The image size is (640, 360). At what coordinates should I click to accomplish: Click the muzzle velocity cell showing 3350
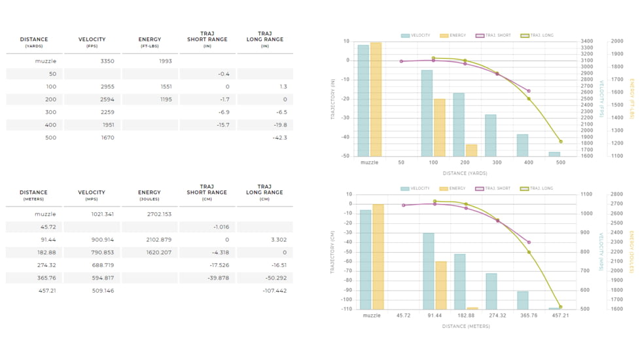click(107, 62)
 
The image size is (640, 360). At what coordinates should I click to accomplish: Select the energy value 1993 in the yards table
click(165, 62)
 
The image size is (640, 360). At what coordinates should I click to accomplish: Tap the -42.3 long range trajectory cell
click(279, 137)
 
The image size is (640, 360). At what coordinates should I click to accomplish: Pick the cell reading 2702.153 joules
click(159, 214)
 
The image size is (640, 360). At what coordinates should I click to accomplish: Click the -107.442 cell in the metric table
click(274, 291)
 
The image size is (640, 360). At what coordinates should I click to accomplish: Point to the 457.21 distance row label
click(47, 291)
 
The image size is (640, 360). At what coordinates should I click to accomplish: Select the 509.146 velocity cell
click(103, 291)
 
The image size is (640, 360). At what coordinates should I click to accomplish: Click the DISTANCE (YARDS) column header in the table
click(34, 42)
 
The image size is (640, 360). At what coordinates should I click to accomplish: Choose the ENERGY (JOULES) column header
click(149, 195)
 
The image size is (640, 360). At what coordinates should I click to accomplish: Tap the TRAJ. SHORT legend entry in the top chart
click(493, 35)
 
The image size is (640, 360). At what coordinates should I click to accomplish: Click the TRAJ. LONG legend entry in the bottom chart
click(537, 189)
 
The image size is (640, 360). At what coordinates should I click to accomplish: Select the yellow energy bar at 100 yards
click(440, 128)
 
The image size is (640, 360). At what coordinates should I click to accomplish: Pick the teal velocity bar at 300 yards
click(491, 135)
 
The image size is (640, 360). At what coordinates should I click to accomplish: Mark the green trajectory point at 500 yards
click(561, 141)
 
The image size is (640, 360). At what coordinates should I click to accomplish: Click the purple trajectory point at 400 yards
click(529, 91)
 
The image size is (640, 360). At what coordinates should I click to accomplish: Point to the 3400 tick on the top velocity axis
click(587, 41)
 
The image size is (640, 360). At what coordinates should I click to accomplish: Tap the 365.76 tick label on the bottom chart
click(529, 315)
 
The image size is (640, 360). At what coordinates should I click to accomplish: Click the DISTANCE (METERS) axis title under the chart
click(466, 326)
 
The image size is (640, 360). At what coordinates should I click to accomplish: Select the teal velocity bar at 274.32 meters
click(491, 291)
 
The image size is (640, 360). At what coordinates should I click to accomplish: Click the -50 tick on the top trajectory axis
click(346, 156)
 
